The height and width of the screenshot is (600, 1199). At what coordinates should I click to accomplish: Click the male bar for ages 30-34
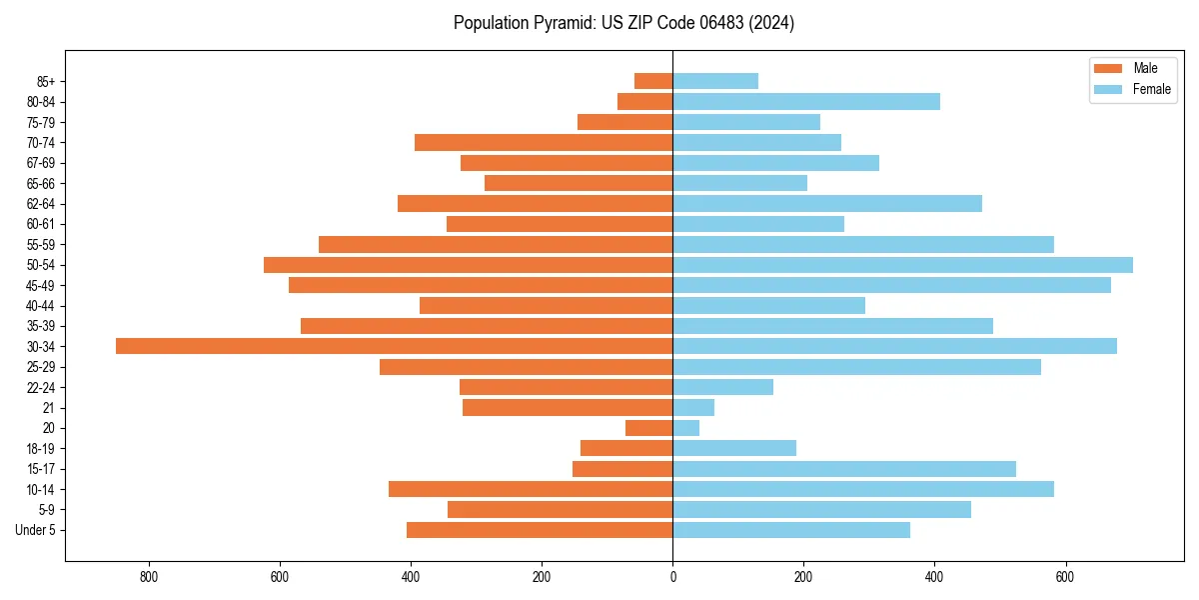394,346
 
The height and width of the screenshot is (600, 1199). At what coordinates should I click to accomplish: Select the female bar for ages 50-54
902,265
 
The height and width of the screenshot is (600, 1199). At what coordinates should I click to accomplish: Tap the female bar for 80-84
806,101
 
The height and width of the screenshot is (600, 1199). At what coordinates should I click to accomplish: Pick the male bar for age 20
649,428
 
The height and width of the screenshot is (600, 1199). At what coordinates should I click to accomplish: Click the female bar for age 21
693,408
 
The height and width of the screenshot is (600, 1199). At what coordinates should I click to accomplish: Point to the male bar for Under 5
540,530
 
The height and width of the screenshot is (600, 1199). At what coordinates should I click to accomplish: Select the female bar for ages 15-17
844,469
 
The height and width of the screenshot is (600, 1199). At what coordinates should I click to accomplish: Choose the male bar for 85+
653,81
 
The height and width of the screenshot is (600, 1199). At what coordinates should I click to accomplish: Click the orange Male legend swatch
1109,68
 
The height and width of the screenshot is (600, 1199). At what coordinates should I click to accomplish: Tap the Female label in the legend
1151,89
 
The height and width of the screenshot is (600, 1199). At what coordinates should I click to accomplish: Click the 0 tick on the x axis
672,577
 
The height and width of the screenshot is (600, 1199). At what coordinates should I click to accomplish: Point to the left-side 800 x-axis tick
149,577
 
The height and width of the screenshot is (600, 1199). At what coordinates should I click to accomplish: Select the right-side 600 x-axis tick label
1065,577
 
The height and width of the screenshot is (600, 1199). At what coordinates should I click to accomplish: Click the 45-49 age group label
41,285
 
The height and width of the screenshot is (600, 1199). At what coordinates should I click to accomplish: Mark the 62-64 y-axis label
41,204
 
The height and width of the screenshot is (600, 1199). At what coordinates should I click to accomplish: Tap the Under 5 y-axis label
36,530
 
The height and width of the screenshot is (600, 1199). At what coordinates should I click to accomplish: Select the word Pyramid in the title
561,23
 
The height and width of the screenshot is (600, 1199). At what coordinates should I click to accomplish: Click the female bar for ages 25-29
856,367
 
